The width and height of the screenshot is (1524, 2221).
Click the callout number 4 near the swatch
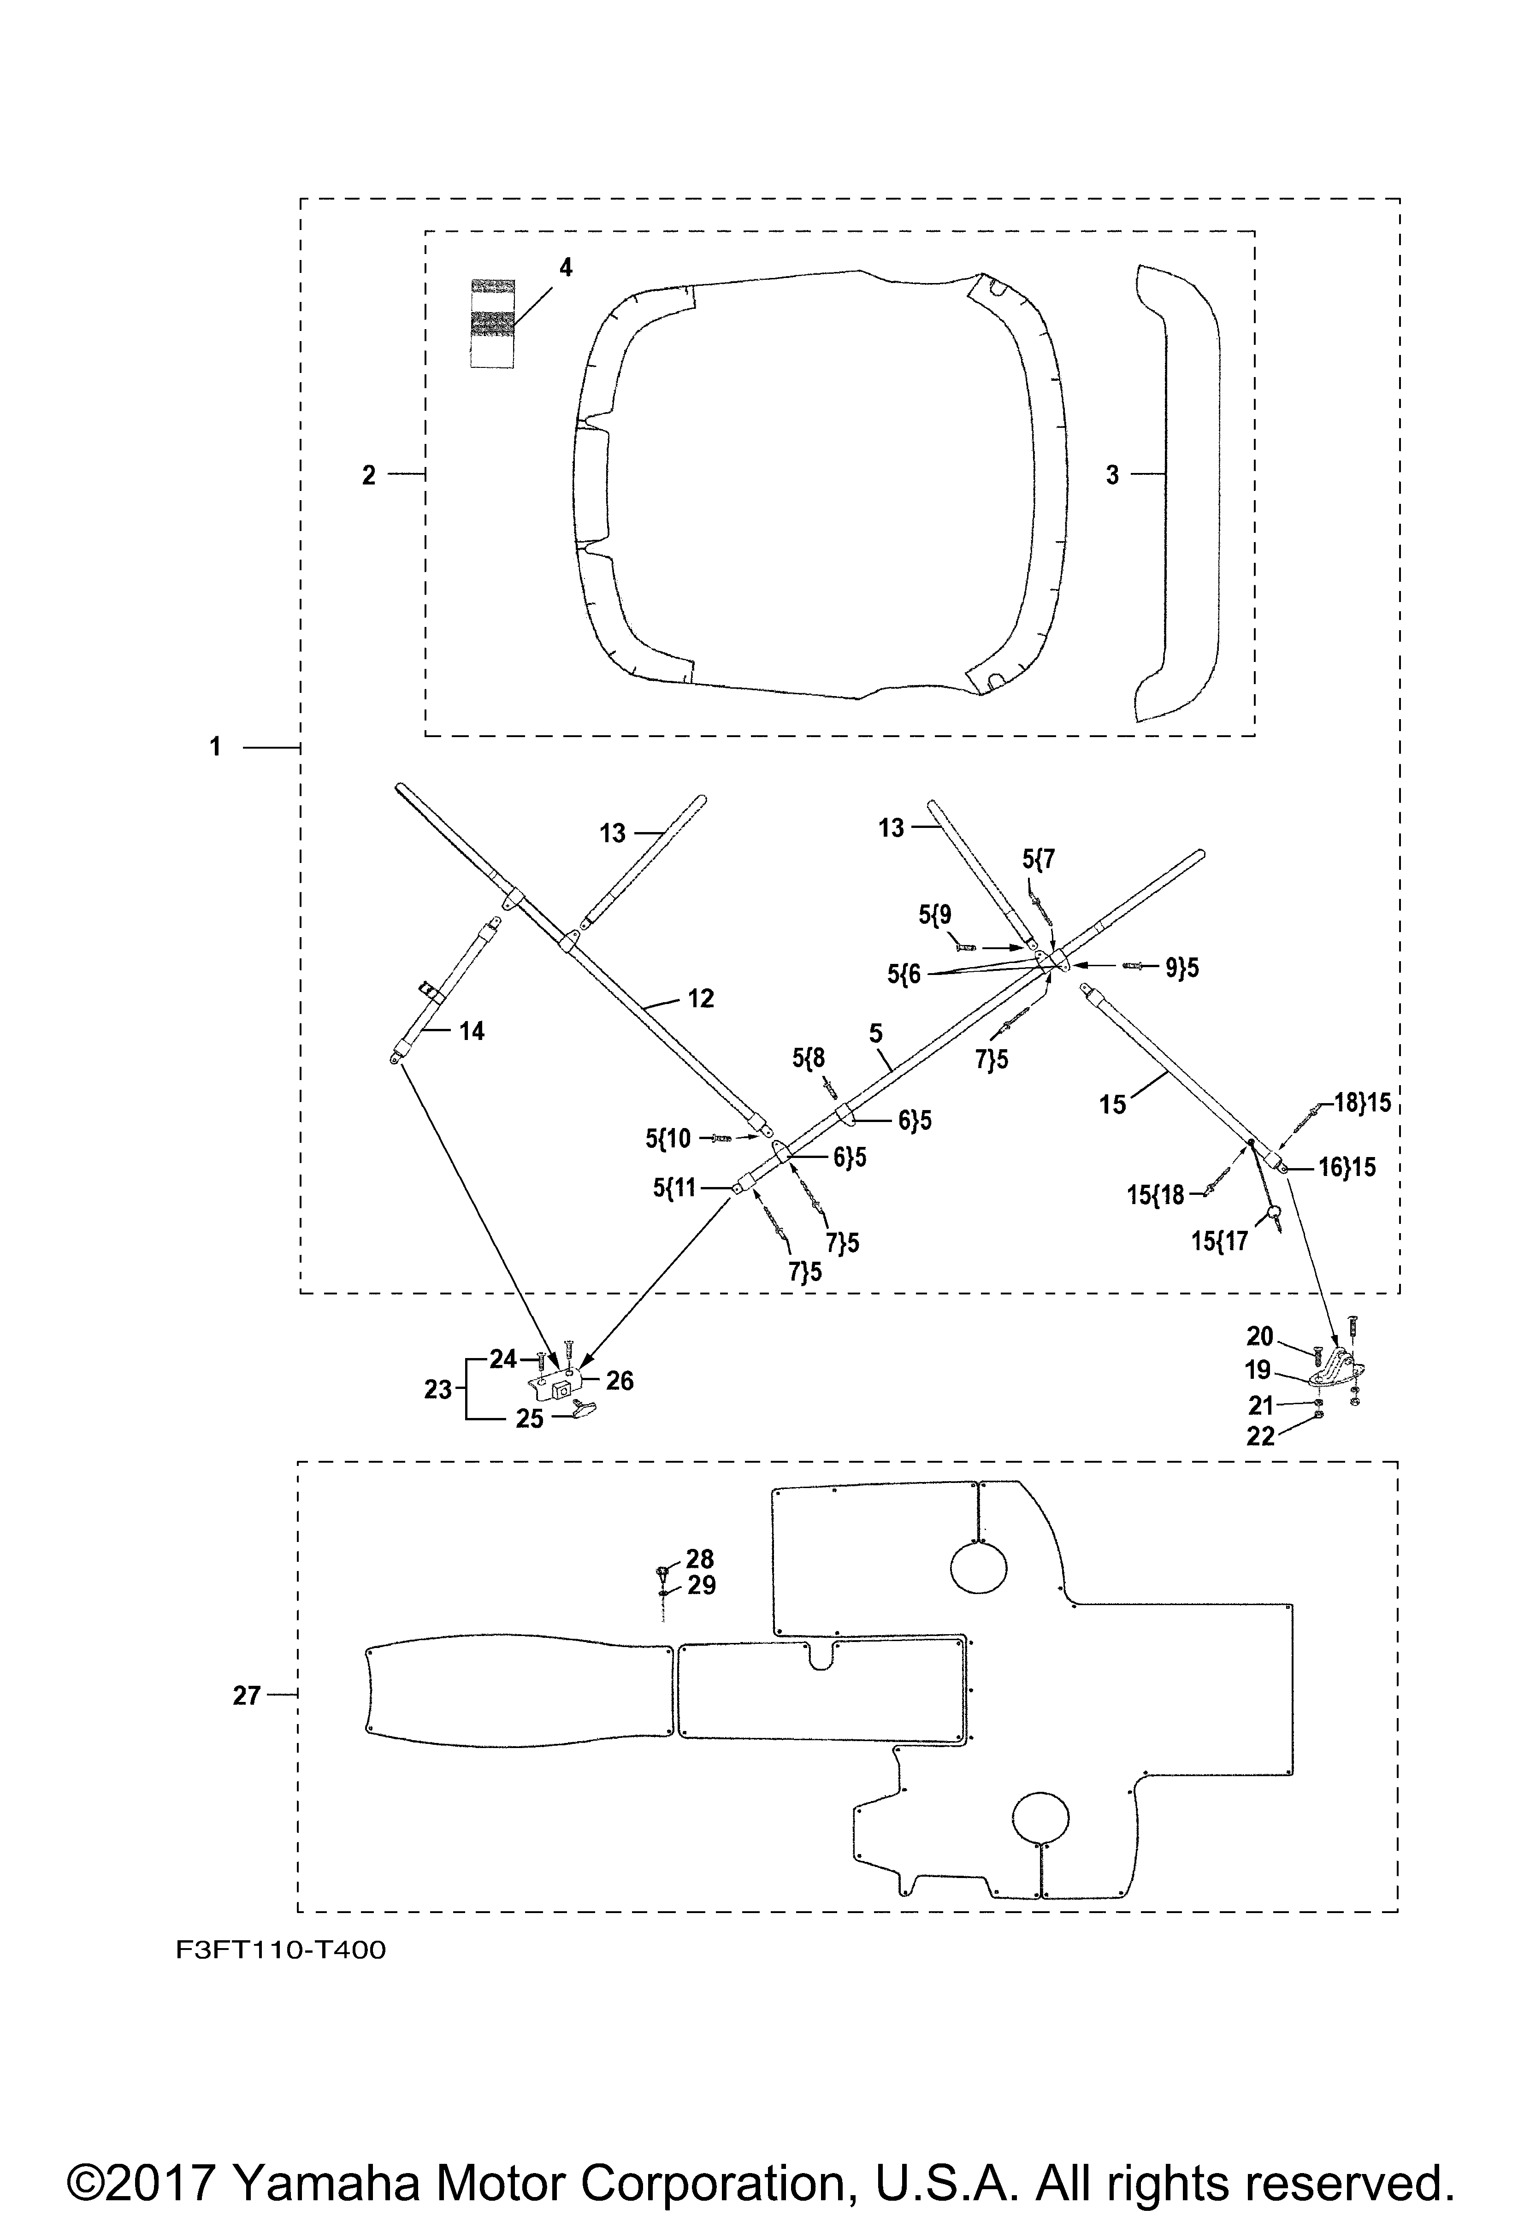tap(566, 267)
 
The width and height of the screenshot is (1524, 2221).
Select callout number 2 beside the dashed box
tap(369, 475)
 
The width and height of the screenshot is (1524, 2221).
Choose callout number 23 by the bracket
tap(437, 1389)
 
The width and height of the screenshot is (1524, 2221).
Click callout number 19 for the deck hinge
tap(1258, 1370)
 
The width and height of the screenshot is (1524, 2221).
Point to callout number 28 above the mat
tap(700, 1559)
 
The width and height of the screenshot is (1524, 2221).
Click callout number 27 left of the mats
tap(247, 1695)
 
